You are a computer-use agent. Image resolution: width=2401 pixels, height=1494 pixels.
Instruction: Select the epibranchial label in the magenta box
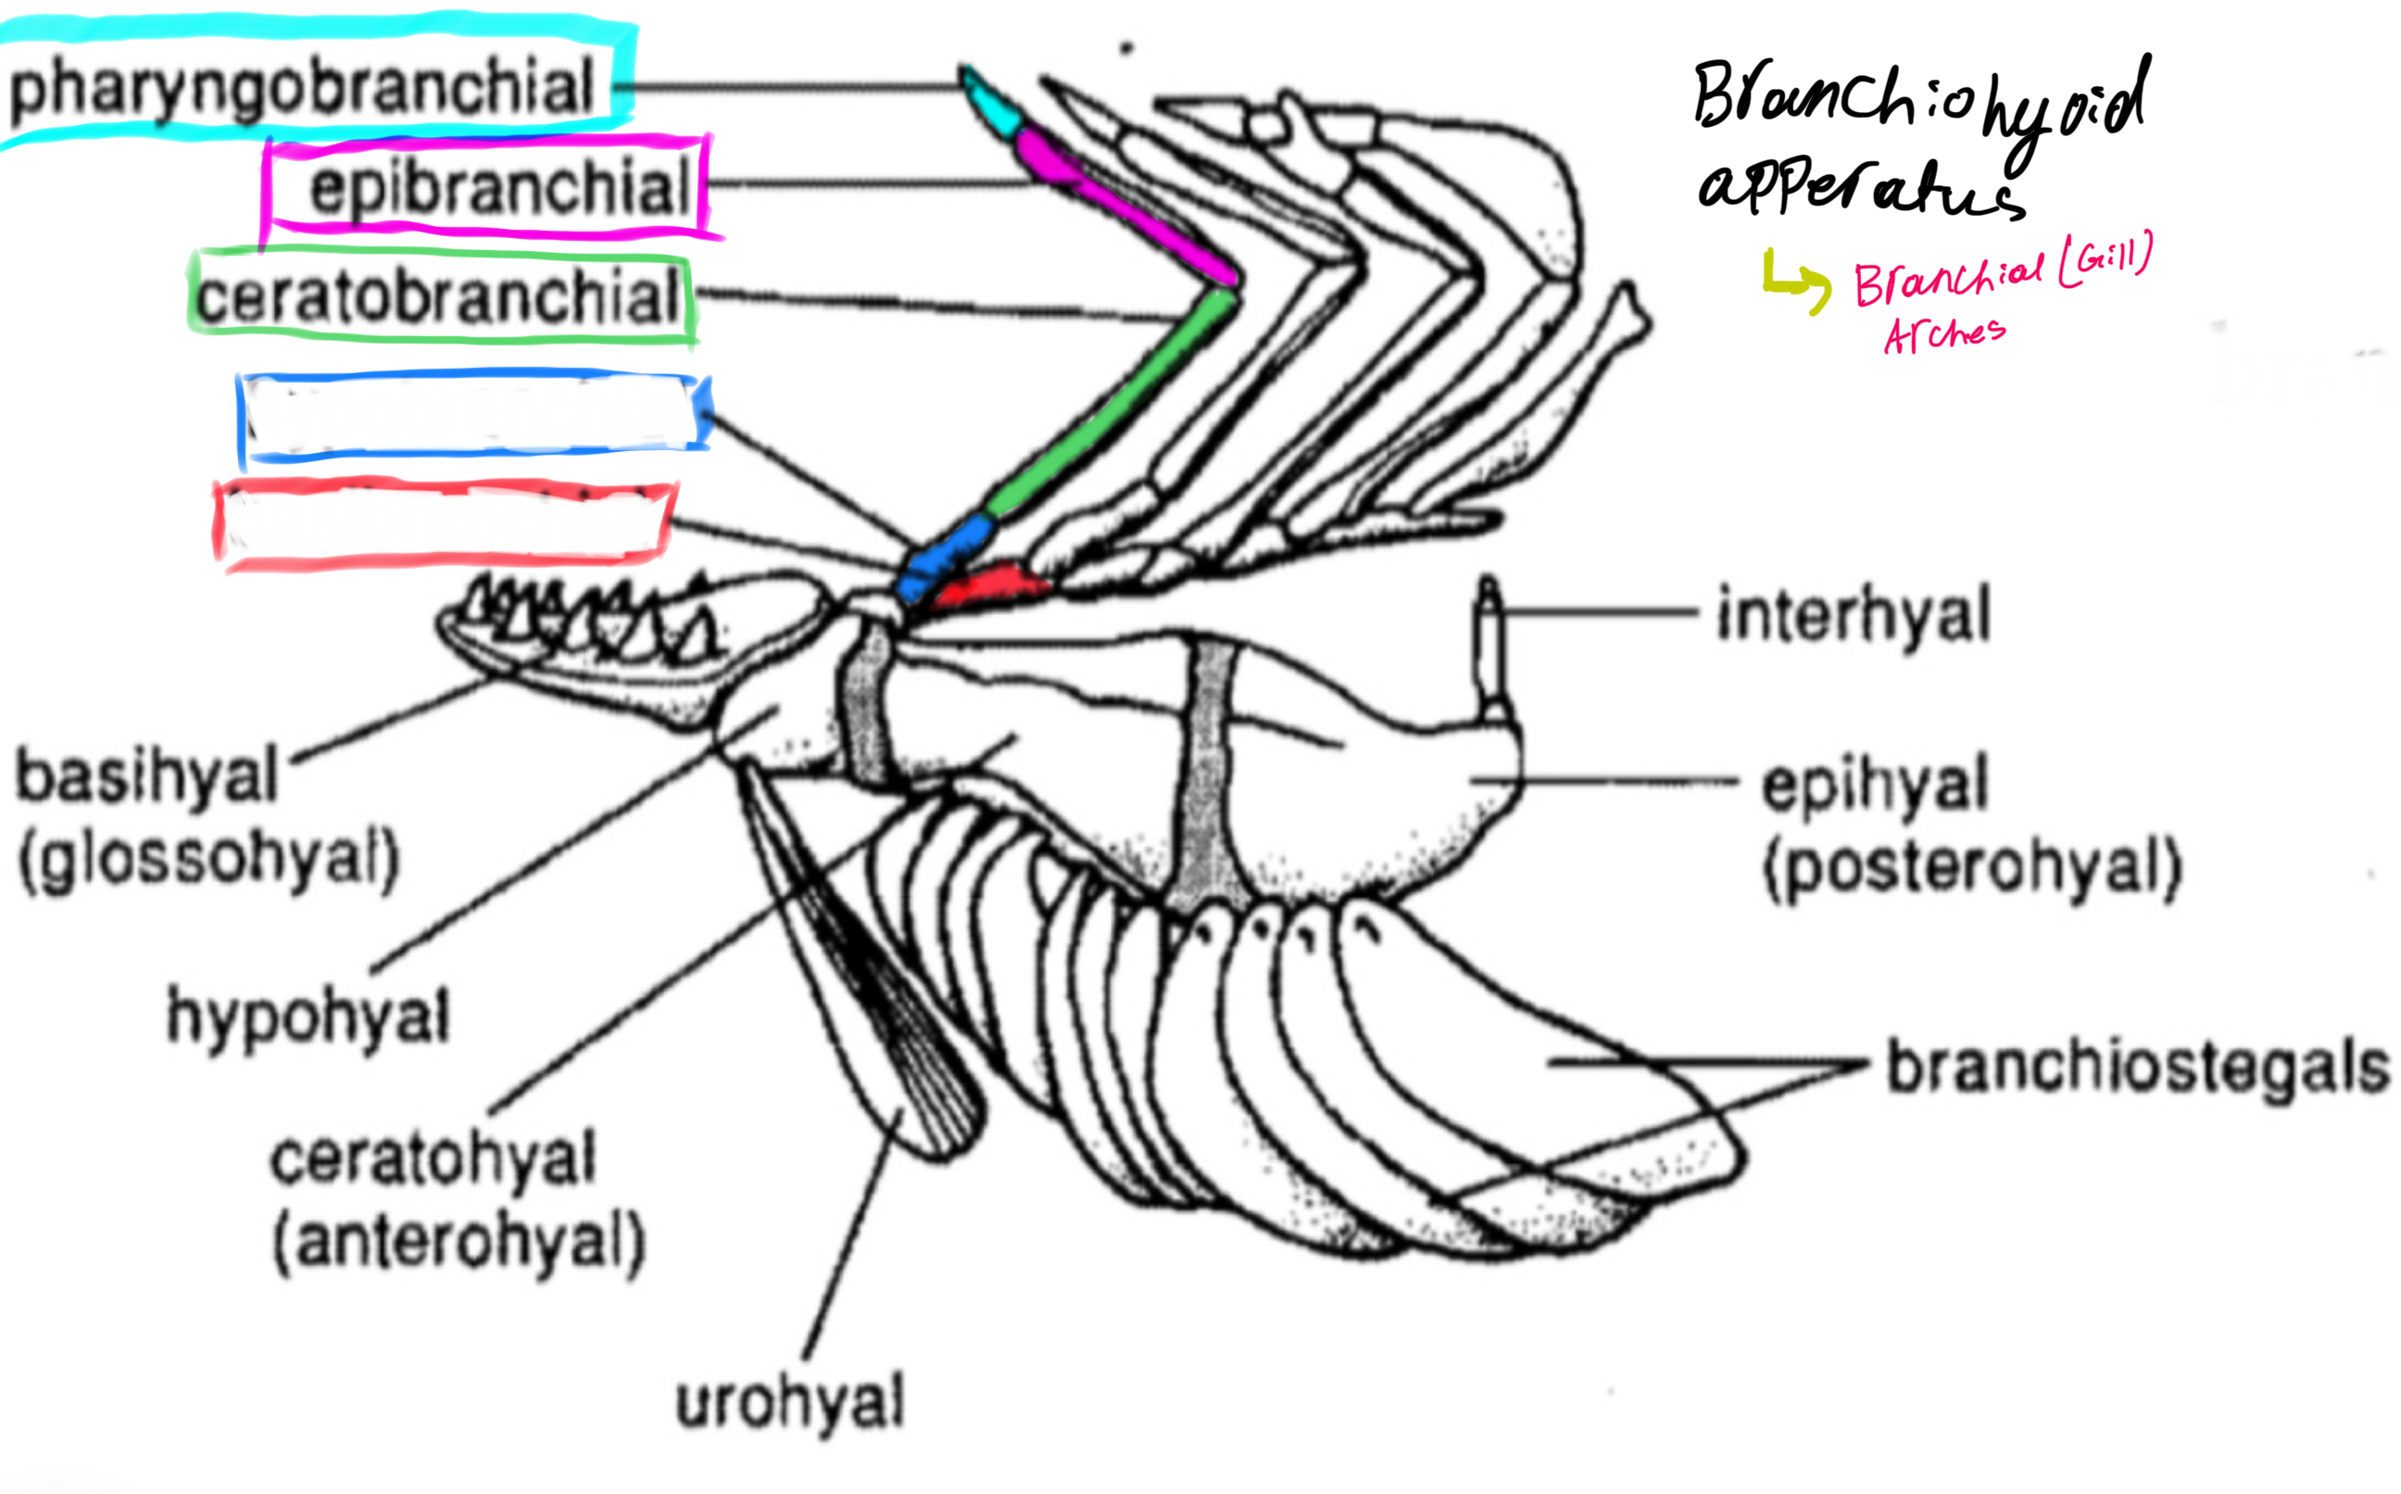click(x=499, y=188)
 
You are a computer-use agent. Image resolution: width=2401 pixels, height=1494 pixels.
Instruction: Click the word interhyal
click(x=1854, y=615)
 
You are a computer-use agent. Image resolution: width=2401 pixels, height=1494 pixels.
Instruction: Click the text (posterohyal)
click(x=1972, y=870)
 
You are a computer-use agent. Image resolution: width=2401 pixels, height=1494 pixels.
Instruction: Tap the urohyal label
click(x=789, y=1401)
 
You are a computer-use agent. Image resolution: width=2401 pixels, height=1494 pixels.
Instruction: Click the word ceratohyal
click(x=433, y=1158)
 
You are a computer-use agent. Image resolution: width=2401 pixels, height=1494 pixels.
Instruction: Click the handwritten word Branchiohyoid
click(x=1917, y=99)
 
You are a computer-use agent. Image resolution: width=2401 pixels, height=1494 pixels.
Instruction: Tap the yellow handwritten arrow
click(x=1793, y=282)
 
